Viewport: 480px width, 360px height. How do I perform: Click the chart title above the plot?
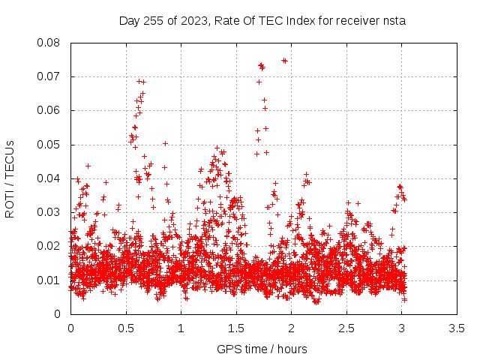(262, 21)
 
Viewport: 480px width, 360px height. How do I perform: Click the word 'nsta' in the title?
(394, 21)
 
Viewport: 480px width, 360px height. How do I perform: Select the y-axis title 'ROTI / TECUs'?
(10, 179)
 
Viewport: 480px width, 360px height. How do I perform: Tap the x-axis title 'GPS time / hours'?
(262, 349)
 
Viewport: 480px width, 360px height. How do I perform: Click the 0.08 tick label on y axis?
(48, 43)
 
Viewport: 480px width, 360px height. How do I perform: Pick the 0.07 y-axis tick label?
(48, 76)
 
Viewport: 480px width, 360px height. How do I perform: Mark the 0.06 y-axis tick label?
(48, 110)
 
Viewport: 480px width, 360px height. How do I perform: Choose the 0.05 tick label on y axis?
(48, 145)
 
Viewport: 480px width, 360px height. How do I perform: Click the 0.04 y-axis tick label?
(48, 178)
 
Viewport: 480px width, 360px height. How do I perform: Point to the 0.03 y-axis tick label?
(48, 212)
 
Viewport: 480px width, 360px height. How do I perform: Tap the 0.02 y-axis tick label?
(48, 246)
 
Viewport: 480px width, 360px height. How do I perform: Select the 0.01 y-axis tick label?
(48, 280)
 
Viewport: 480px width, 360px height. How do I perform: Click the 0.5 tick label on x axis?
(126, 328)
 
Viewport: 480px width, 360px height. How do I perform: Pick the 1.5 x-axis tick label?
(236, 328)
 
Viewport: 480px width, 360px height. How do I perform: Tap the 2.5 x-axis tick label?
(346, 328)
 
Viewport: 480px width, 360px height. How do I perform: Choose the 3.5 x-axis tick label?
(457, 328)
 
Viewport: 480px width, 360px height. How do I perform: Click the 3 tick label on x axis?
(402, 328)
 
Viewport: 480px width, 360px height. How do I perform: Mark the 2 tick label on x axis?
(292, 328)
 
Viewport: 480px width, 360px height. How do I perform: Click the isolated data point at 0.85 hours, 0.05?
(165, 143)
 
